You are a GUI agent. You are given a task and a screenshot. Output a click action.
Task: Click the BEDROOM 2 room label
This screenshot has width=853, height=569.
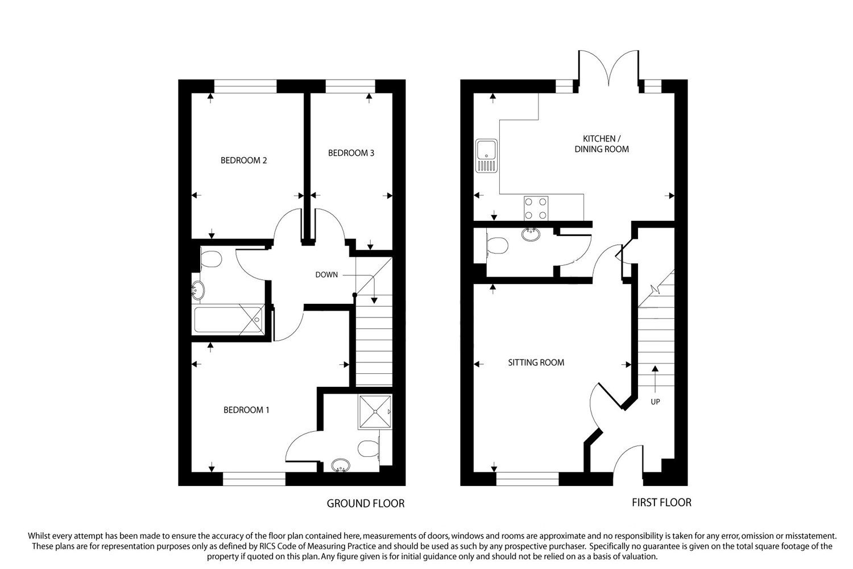coord(243,160)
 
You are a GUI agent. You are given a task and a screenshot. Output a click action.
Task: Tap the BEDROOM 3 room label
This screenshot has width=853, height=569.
coord(351,153)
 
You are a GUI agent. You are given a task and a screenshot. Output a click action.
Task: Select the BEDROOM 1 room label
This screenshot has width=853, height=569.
coord(246,410)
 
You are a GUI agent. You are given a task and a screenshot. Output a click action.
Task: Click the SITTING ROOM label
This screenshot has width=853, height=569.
coord(536,362)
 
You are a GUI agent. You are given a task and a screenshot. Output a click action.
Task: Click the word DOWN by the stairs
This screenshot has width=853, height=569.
coord(326,275)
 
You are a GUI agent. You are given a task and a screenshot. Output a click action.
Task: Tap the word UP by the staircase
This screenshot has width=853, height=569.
coord(655,402)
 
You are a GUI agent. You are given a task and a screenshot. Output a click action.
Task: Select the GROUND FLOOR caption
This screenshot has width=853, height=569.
coord(365,504)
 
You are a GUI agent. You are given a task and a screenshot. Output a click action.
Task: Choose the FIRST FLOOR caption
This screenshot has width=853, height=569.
coord(661,502)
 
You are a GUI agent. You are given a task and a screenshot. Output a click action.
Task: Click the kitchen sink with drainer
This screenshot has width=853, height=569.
coord(487,155)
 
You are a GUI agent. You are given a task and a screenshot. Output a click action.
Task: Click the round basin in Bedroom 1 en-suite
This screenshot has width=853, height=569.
coord(341,465)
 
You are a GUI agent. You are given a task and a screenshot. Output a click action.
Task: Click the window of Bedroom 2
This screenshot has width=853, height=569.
coord(245,86)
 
